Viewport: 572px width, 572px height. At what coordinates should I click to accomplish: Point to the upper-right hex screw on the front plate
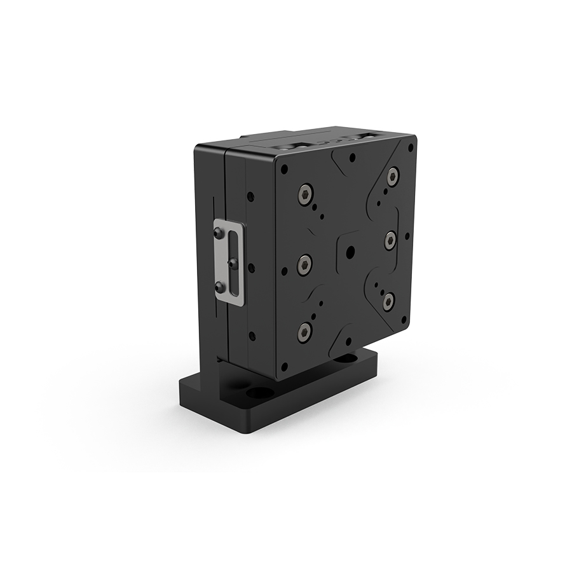pyautogui.click(x=393, y=176)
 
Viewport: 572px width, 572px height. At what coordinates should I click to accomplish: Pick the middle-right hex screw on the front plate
pyautogui.click(x=390, y=240)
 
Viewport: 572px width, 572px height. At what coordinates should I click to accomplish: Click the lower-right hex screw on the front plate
pyautogui.click(x=388, y=301)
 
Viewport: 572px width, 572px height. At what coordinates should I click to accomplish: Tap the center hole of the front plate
pyautogui.click(x=350, y=252)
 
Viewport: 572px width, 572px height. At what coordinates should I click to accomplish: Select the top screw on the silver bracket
pyautogui.click(x=219, y=233)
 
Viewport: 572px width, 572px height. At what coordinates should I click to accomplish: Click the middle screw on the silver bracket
pyautogui.click(x=233, y=262)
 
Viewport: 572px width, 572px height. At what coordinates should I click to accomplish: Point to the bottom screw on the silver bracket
pyautogui.click(x=221, y=287)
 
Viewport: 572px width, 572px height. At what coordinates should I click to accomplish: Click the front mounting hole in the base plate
pyautogui.click(x=260, y=392)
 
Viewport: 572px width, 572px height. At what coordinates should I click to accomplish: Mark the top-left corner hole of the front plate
pyautogui.click(x=284, y=169)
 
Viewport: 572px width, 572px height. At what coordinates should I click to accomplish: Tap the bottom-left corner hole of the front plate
pyautogui.click(x=284, y=367)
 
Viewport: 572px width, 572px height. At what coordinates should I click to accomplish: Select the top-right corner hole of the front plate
pyautogui.click(x=411, y=147)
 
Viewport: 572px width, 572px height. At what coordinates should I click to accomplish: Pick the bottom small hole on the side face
pyautogui.click(x=252, y=336)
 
